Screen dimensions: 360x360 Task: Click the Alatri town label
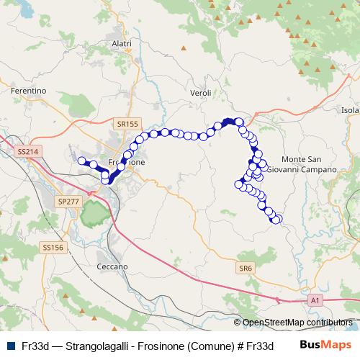point(122,44)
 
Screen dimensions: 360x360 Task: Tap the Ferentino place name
point(29,91)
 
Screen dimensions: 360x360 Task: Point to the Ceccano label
point(112,266)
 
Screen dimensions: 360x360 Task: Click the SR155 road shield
point(127,124)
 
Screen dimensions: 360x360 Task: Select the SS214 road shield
point(25,152)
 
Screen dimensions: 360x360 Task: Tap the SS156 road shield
point(53,247)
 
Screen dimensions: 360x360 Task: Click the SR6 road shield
point(246,268)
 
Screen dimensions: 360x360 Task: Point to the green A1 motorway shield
point(315,300)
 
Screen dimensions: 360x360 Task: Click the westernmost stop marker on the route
point(81,161)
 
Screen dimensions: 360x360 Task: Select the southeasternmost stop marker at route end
point(278,219)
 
